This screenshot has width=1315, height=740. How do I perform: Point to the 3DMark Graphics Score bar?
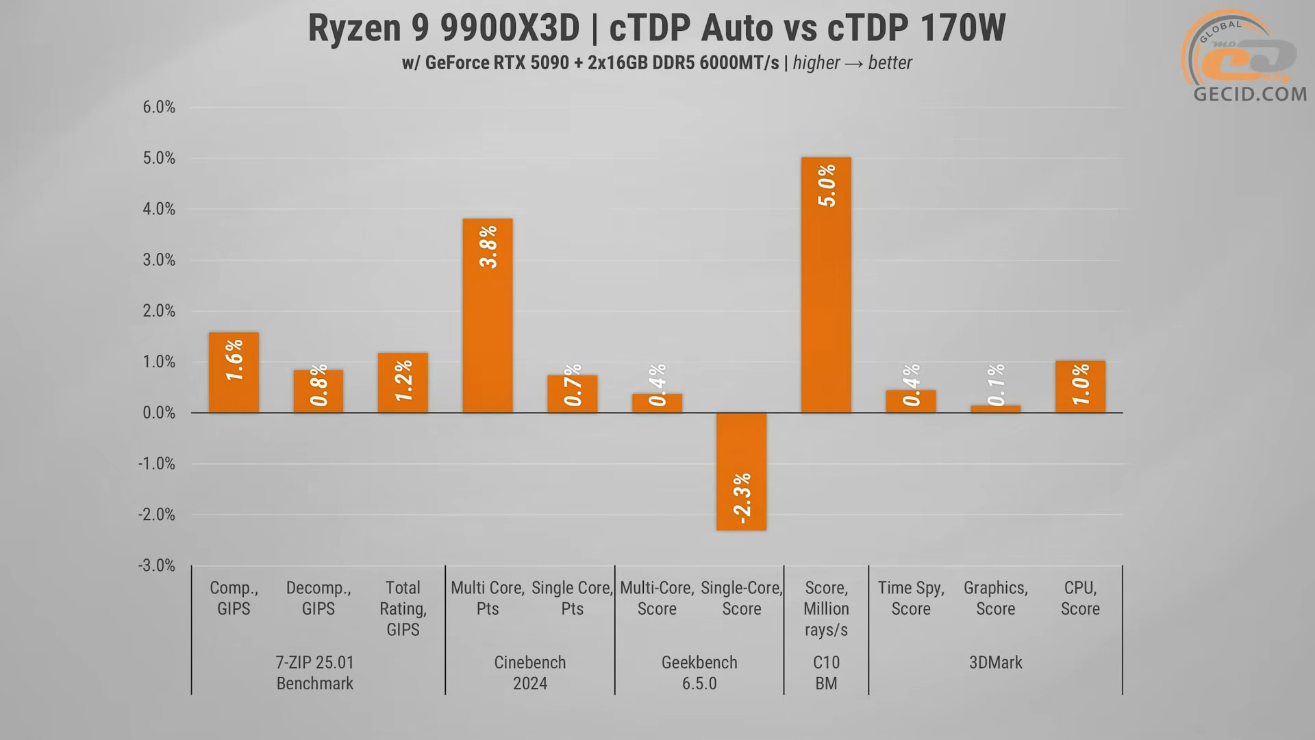(995, 409)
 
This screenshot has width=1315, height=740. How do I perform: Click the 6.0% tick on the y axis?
(159, 108)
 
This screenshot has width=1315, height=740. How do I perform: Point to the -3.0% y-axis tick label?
(157, 566)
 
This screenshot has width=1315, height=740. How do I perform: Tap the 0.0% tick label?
(159, 413)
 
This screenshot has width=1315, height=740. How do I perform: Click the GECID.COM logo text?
(1250, 95)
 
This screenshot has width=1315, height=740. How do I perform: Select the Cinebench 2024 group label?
(530, 673)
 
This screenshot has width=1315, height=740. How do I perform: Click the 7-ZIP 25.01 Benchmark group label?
(315, 673)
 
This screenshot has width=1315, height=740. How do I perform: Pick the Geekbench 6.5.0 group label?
(699, 673)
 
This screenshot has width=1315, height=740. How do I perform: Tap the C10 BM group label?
(826, 673)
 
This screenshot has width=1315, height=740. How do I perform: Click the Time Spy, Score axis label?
(911, 598)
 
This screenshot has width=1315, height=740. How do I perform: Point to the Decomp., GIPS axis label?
(318, 598)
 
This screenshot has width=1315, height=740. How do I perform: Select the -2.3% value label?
(742, 498)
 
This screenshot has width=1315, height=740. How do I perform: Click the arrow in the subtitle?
(853, 64)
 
